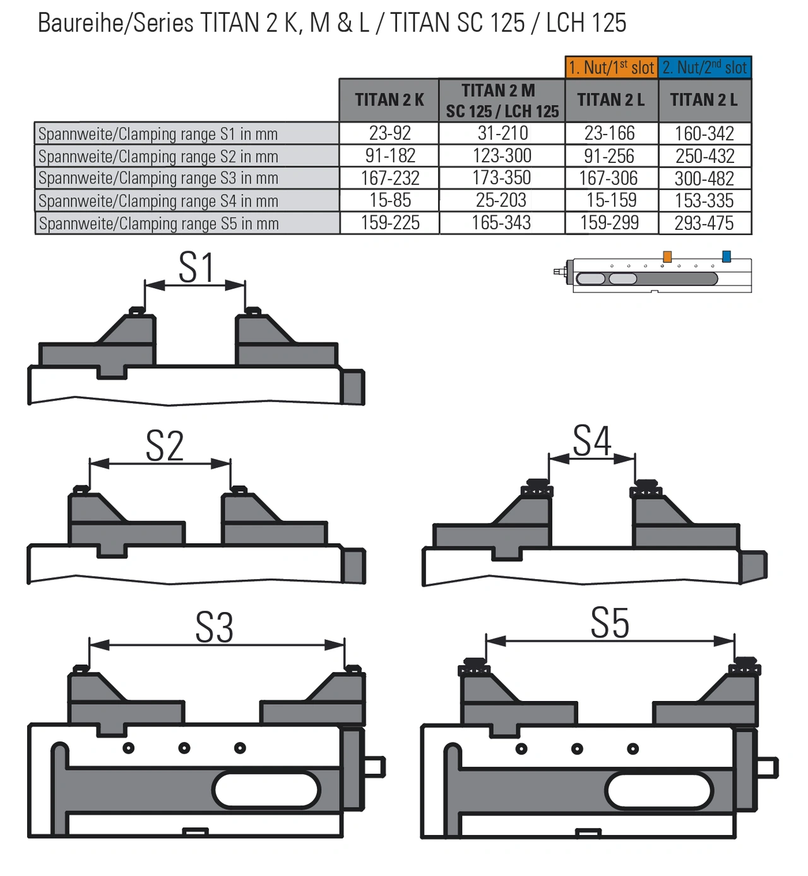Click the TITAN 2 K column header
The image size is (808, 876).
tap(389, 100)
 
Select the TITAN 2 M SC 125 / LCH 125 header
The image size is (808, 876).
tap(502, 100)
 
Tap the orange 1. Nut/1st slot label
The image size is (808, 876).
tap(611, 67)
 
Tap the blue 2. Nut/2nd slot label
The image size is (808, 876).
tap(704, 67)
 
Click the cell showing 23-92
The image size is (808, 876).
tap(389, 133)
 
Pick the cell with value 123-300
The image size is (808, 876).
tap(502, 156)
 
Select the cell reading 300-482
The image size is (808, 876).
tap(704, 179)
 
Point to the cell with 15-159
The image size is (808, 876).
tap(610, 201)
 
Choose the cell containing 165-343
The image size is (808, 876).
tap(502, 223)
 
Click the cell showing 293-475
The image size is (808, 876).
tap(704, 223)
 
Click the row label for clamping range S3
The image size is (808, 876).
tap(158, 179)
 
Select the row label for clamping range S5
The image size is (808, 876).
tap(158, 224)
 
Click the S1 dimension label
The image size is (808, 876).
tap(196, 268)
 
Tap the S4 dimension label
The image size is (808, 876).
tap(591, 441)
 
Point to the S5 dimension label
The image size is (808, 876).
tap(610, 623)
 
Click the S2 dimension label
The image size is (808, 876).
tap(165, 446)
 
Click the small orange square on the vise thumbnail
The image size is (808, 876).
tap(667, 256)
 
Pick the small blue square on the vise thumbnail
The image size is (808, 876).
tap(727, 256)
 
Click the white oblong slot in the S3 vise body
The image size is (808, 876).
tap(267, 789)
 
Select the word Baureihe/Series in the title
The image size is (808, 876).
tap(116, 23)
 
